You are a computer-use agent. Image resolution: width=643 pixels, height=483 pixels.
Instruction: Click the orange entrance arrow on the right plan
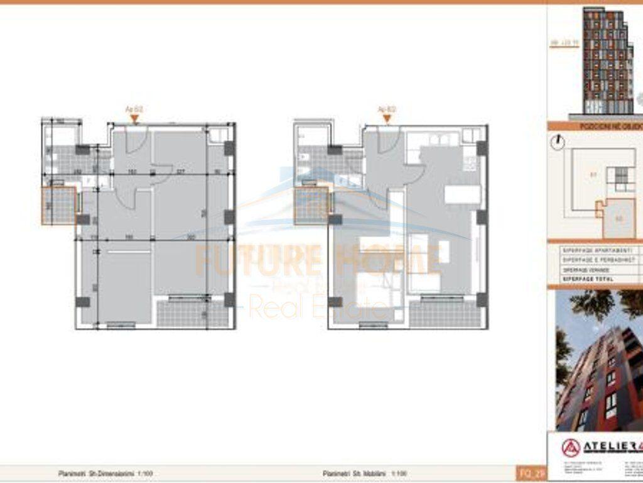tap(387, 118)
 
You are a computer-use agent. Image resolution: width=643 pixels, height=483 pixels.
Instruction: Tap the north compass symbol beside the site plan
tap(557, 143)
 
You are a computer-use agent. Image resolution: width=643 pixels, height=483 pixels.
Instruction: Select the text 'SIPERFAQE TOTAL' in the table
tap(588, 278)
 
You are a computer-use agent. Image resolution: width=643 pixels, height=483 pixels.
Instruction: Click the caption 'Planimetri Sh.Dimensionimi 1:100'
tap(105, 473)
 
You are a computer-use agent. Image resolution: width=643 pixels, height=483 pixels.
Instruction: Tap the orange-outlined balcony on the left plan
tap(59, 206)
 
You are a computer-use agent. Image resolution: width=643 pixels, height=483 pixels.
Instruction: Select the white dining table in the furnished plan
tap(462, 194)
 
